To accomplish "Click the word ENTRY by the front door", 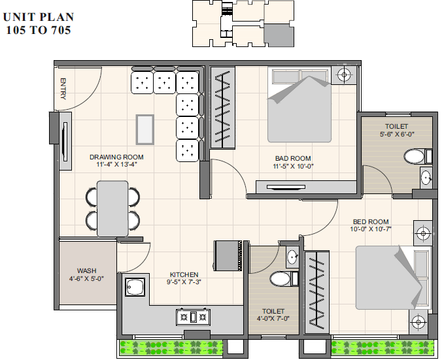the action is [x=63, y=89].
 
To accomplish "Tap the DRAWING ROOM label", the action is [x=116, y=157].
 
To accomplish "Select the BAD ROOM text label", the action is [x=293, y=158].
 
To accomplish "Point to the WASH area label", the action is [x=87, y=271].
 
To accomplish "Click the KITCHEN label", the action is [x=184, y=274].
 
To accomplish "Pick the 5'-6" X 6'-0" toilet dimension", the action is [x=397, y=134].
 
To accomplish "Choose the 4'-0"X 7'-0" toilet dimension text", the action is [x=273, y=319].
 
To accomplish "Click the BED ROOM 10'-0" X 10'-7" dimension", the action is [x=371, y=229].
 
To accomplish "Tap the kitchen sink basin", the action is [x=135, y=287].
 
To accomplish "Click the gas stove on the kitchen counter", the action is [x=194, y=317].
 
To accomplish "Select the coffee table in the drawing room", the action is [x=145, y=129].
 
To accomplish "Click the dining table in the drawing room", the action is [x=112, y=208].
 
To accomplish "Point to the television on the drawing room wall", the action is [x=65, y=142].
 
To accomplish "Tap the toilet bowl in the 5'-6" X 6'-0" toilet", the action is [x=415, y=156].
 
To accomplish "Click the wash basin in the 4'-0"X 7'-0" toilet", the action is [x=292, y=257].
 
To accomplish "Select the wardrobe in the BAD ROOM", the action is [x=222, y=108].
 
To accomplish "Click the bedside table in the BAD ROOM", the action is [x=344, y=75].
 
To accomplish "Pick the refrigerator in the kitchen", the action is [x=228, y=255].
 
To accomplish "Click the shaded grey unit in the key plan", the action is [x=279, y=35].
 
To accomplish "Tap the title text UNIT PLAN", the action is [x=39, y=17].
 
